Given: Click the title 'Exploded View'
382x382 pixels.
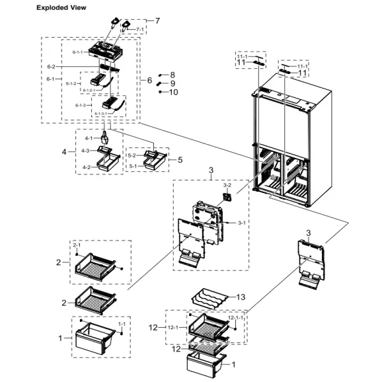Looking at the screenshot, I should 63,7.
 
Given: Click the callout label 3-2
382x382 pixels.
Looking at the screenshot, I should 226,186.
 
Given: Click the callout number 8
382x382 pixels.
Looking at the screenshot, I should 172,75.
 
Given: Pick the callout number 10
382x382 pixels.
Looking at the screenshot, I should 174,93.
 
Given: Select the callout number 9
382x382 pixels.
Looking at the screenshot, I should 172,84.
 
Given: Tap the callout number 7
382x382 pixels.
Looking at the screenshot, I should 157,21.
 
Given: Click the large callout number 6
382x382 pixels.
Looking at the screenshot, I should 149,80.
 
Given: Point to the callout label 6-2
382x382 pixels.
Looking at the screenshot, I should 51,67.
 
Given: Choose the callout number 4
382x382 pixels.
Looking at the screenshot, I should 65,152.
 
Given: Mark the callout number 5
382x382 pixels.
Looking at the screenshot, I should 180,159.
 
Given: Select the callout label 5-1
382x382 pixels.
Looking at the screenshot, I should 132,166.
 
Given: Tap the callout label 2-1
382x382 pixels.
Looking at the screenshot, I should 76,245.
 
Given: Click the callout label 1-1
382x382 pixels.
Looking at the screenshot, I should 121,325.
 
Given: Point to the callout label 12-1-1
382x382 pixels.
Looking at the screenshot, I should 235,319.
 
